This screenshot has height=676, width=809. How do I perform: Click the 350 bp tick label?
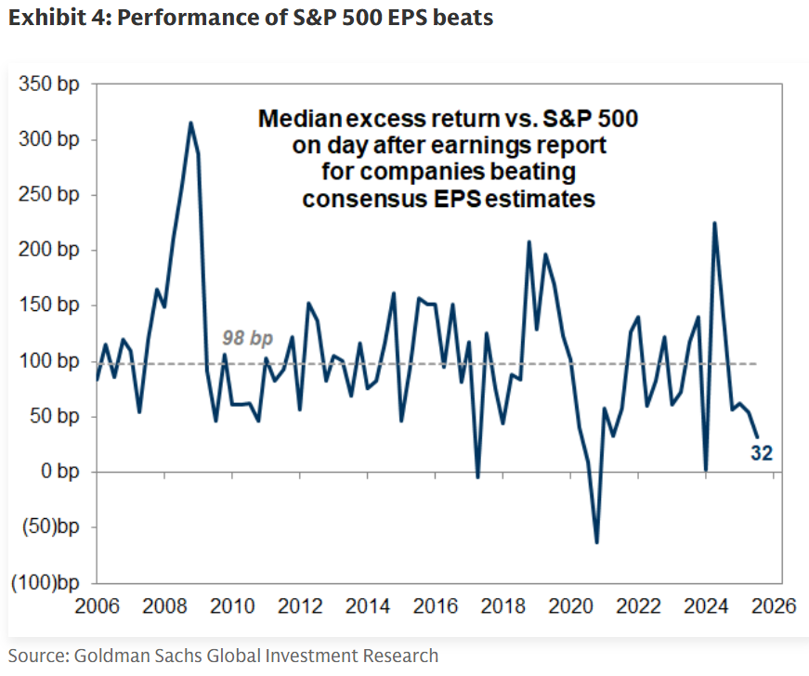point(49,84)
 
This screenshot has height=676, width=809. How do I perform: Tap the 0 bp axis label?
point(59,473)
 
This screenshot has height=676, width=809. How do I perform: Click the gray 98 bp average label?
point(246,339)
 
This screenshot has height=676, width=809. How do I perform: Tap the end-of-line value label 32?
point(763,453)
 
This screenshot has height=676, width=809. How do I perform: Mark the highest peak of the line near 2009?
point(190,123)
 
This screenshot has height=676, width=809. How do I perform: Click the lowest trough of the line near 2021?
point(596,543)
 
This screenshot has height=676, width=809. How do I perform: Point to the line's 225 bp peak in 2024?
point(714,223)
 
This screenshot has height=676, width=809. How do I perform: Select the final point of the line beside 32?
point(757,436)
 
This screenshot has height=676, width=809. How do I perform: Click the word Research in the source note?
point(400,656)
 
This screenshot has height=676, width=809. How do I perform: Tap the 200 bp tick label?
point(49,251)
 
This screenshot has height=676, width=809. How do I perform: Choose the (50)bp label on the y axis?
point(47,527)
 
